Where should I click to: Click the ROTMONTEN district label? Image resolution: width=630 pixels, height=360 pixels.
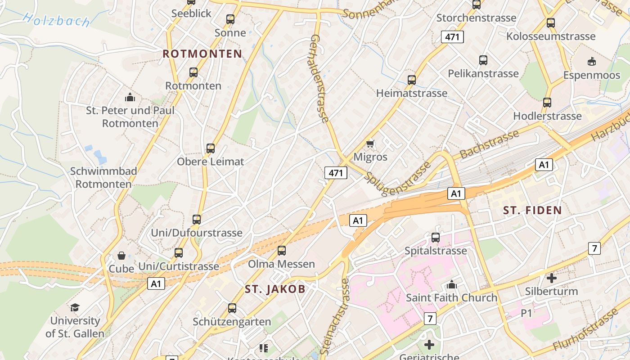click(x=202, y=54)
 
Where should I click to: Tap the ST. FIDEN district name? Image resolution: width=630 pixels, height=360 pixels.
click(x=532, y=210)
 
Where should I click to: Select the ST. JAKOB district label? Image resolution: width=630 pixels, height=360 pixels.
click(x=275, y=289)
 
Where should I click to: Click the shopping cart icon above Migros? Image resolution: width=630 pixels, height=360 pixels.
click(x=370, y=144)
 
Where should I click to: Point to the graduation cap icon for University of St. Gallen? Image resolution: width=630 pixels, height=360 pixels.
click(x=75, y=307)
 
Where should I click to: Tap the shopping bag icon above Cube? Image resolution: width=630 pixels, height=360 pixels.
click(x=121, y=256)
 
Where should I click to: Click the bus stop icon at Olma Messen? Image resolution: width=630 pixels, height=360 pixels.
click(x=282, y=250)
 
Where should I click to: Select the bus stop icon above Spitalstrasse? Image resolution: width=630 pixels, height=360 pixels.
click(x=435, y=237)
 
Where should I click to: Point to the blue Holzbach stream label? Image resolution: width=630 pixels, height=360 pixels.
click(x=56, y=20)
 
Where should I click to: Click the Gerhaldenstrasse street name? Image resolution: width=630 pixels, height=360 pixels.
click(x=319, y=78)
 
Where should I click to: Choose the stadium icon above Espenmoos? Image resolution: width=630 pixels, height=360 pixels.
click(x=592, y=61)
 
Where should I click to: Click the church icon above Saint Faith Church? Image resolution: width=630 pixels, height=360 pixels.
click(x=451, y=284)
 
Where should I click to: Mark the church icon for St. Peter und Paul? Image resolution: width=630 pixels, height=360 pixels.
click(x=130, y=97)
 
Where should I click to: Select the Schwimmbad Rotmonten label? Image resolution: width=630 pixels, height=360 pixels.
click(x=103, y=177)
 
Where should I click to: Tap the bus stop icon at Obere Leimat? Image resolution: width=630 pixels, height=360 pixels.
click(x=210, y=148)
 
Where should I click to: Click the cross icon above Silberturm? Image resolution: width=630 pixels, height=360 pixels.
click(x=551, y=278)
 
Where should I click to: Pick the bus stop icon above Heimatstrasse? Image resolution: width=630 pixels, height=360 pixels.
click(x=411, y=80)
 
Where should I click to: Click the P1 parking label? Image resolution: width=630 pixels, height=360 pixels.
click(x=526, y=313)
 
